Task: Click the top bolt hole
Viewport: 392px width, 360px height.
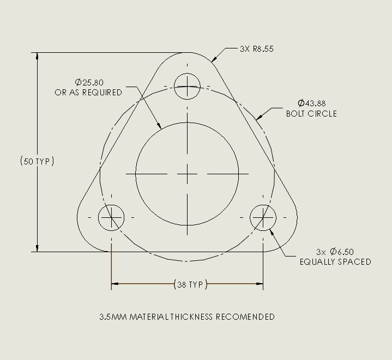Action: (x=188, y=86)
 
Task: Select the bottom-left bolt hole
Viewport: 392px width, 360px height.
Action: (x=111, y=218)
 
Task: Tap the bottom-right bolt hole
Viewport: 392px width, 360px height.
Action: (x=263, y=218)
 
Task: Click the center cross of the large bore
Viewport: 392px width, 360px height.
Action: (x=188, y=174)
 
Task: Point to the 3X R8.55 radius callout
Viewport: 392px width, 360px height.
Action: (x=256, y=49)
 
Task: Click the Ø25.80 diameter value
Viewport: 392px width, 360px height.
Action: (x=89, y=82)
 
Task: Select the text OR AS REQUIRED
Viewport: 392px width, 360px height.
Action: (x=88, y=93)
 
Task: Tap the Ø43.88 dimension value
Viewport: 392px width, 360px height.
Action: (x=311, y=103)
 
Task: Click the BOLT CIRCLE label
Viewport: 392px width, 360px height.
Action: (x=311, y=114)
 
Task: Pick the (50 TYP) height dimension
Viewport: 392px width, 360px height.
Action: (x=37, y=161)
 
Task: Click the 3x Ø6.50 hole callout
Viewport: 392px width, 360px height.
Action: (x=335, y=252)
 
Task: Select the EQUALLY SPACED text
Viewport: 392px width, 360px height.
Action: (x=335, y=262)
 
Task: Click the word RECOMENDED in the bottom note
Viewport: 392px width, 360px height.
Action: (x=245, y=317)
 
